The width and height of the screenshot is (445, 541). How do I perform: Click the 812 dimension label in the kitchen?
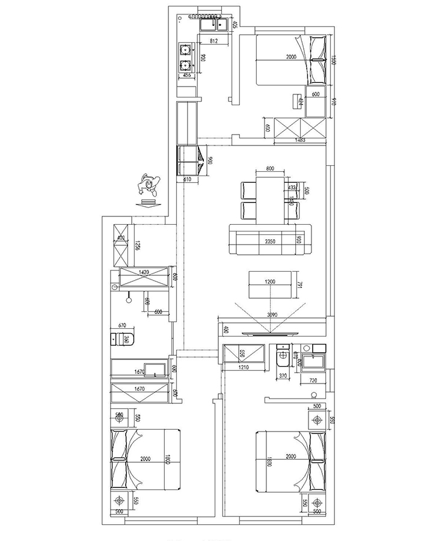tap(213, 41)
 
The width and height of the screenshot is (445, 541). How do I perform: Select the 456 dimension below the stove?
tap(186, 75)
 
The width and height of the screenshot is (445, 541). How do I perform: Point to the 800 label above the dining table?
tap(270, 169)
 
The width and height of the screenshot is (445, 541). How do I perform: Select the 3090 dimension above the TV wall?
tap(273, 314)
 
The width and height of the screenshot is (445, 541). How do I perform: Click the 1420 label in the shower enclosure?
tap(144, 272)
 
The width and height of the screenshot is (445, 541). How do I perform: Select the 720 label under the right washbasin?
tap(312, 381)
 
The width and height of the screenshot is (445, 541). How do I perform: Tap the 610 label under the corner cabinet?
tap(186, 179)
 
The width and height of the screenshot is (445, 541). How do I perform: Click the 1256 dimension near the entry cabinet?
tap(137, 245)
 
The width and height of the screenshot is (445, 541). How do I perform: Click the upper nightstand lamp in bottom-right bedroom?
tap(316, 419)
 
